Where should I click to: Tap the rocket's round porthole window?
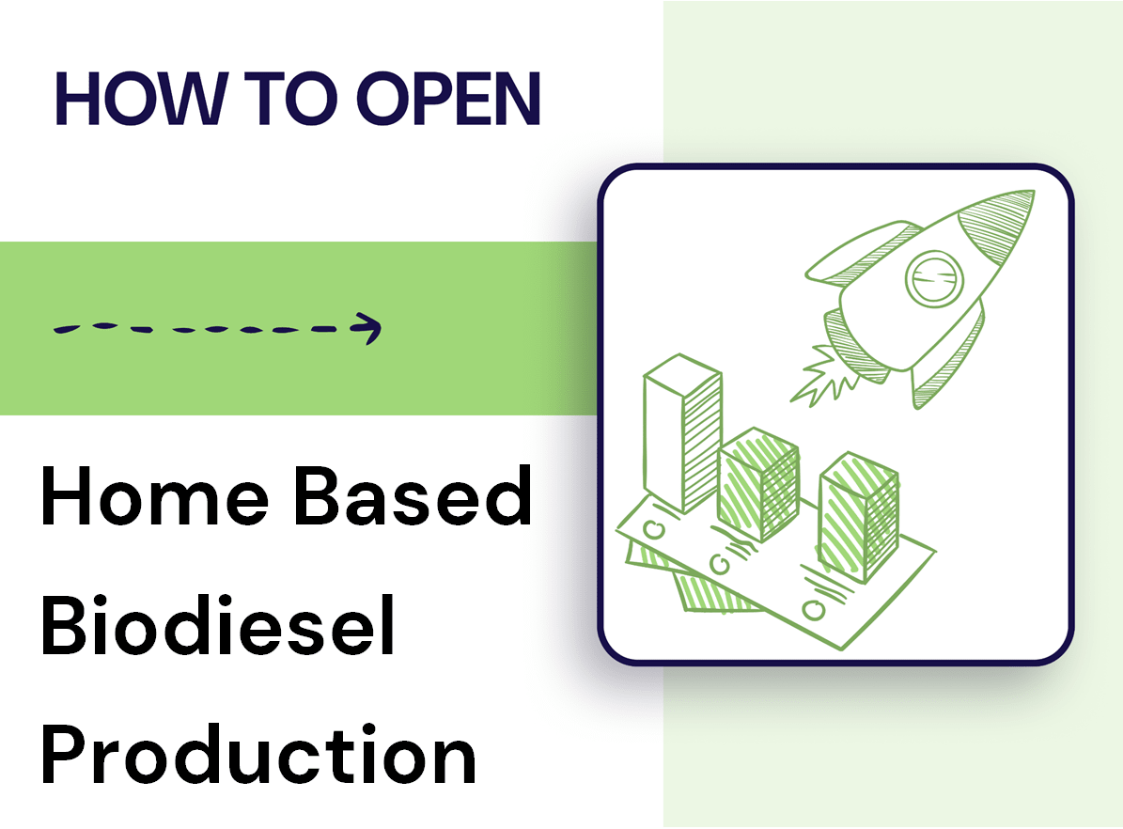coord(935,275)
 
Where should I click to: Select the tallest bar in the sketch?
coord(681,432)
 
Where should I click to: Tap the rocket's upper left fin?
coord(850,258)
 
